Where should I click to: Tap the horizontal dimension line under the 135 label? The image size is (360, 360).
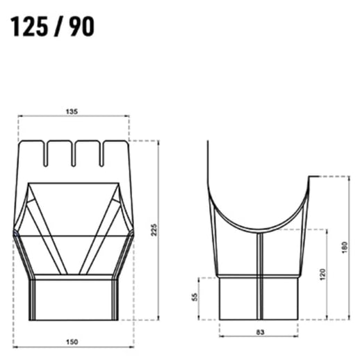pos(73,117)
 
